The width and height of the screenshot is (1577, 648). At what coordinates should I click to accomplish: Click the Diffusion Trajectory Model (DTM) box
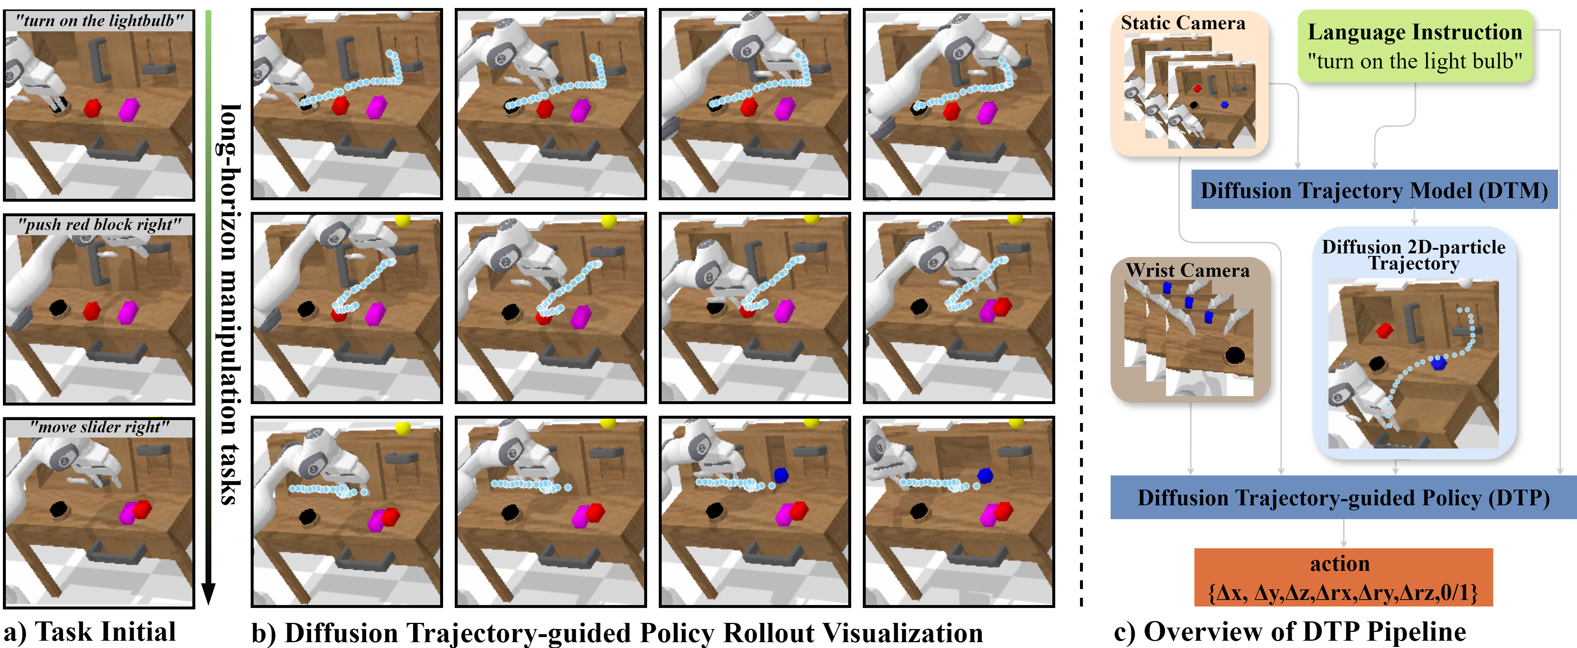[x=1374, y=190]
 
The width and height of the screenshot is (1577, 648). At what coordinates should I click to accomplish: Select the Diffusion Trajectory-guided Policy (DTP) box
[x=1343, y=498]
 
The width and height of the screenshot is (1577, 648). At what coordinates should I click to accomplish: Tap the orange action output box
[x=1343, y=577]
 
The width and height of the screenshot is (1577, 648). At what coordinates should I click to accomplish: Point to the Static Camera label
[x=1183, y=23]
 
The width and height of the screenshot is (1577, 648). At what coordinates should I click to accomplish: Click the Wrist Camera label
[x=1187, y=270]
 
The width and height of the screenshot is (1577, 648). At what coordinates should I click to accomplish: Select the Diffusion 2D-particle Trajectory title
[x=1413, y=254]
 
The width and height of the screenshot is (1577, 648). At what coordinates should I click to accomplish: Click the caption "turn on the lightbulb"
[x=99, y=21]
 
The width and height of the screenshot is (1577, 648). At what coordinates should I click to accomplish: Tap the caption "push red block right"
[x=99, y=225]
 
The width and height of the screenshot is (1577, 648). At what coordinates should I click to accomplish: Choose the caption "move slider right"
[x=99, y=427]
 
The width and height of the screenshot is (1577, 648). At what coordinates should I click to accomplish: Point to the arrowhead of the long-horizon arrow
[x=208, y=593]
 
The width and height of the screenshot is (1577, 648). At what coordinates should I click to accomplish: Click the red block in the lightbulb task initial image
[x=93, y=108]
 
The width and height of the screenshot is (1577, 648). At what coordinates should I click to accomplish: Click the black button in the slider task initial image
[x=59, y=509]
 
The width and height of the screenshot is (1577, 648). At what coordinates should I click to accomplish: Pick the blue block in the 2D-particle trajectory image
[x=1439, y=363]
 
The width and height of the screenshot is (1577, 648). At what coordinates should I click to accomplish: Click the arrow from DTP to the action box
[x=1343, y=534]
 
